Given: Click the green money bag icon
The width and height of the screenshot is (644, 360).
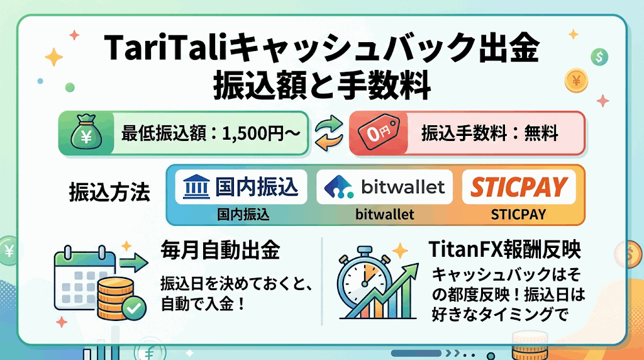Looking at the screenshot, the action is (86, 132).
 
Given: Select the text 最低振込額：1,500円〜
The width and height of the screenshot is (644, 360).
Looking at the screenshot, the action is (211, 133).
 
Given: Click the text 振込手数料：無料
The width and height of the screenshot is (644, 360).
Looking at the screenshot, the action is (489, 133).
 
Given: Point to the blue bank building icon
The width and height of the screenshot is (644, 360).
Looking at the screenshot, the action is (196, 187).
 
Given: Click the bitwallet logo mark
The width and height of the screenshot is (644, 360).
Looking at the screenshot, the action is (338, 187).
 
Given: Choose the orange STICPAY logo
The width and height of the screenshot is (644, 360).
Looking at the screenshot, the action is (519, 187).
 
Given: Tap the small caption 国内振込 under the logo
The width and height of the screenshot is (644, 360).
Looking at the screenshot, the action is (243, 214).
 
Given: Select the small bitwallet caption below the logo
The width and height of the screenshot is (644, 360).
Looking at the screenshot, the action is (385, 214).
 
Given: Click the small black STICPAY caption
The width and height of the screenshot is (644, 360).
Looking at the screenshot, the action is (518, 214).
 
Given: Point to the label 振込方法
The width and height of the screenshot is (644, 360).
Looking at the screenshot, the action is (109, 193).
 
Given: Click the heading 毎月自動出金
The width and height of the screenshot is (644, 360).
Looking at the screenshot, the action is (220, 250).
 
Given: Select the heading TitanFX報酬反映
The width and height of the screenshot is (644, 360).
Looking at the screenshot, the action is (504, 249).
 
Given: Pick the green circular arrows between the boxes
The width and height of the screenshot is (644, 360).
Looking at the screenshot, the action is (328, 132).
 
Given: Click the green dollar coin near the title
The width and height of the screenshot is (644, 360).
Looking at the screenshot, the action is (599, 57).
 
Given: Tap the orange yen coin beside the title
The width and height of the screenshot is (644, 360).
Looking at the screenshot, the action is (576, 81).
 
